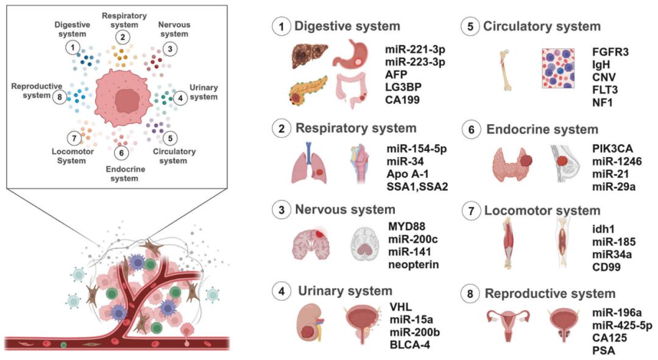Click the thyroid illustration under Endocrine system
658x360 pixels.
click(514, 166)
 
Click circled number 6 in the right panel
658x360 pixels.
click(470, 130)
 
